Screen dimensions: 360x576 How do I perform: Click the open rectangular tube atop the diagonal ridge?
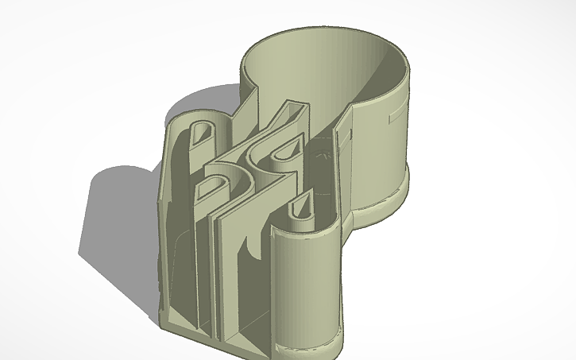tap(293, 112)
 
